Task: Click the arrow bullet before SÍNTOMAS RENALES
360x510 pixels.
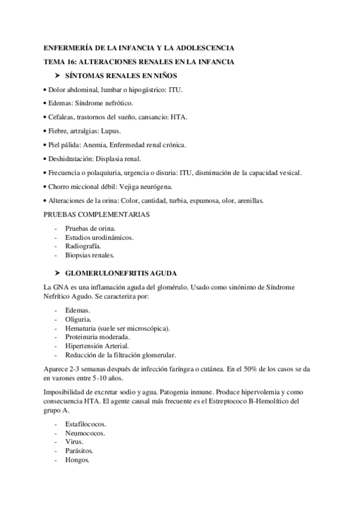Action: (58, 76)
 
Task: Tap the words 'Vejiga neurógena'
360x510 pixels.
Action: (149, 186)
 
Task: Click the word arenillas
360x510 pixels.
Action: (263, 200)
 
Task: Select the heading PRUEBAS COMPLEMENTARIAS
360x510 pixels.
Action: (97, 214)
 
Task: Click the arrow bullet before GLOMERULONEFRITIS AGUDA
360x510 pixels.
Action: (58, 272)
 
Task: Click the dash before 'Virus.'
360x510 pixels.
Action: (56, 442)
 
